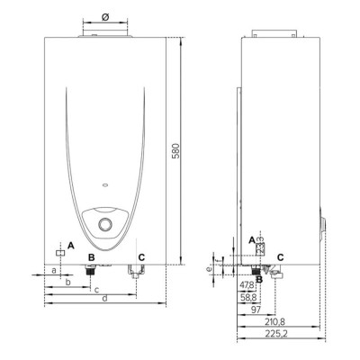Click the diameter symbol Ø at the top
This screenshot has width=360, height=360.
point(105,16)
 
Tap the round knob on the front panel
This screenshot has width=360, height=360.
point(105,224)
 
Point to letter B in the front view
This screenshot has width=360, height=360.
point(90,256)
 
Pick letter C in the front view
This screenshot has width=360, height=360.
point(140,256)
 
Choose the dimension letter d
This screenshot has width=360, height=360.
point(105,298)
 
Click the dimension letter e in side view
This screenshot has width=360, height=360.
point(207,268)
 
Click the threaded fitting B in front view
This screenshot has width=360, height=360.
point(90,269)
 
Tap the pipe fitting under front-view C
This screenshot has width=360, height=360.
point(135,272)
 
